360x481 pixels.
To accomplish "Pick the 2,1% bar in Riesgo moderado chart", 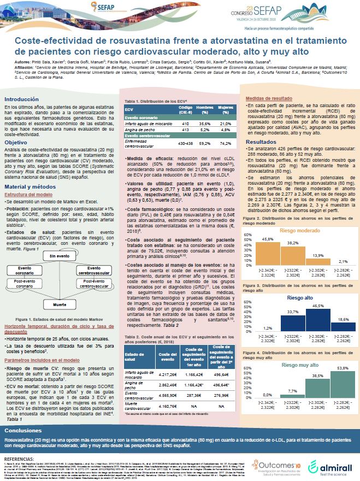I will (x=338, y=264).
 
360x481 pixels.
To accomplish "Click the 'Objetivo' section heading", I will (x=16, y=142).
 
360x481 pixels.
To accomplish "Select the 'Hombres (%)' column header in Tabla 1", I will (x=188, y=109).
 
